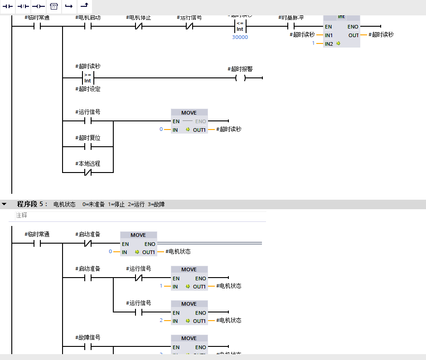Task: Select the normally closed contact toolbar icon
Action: click(23, 6)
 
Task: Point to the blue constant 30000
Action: click(240, 37)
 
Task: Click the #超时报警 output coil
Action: click(240, 78)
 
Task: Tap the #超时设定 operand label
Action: click(88, 89)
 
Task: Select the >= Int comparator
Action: click(88, 78)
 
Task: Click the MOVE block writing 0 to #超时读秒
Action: click(189, 121)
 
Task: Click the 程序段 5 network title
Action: click(32, 204)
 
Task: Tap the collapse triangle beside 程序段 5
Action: click(4, 204)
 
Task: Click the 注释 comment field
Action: click(136, 216)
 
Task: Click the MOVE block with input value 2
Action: click(189, 312)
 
